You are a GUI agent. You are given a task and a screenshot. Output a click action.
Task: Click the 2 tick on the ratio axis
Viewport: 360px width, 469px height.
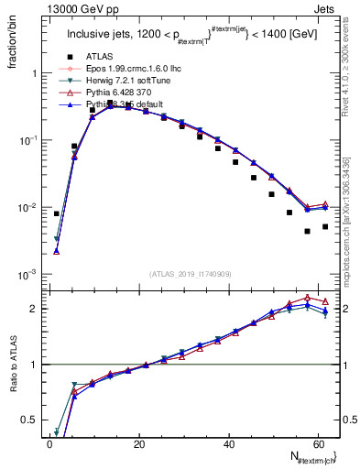click(x=37, y=309)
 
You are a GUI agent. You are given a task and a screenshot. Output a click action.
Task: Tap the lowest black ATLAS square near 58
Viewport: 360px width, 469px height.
click(x=308, y=231)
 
